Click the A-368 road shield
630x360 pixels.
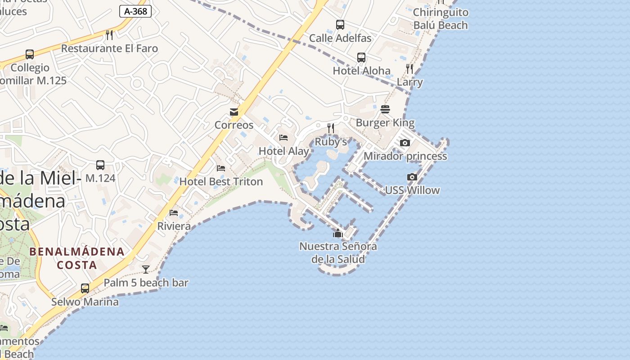135,11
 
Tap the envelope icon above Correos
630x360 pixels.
234,112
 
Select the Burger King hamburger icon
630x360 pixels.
385,109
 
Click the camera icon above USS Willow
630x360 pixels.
412,177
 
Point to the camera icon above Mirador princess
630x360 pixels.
405,143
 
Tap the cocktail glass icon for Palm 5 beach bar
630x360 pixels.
146,270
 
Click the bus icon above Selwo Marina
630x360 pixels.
85,288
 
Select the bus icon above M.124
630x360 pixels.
100,165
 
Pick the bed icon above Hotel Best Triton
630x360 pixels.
220,168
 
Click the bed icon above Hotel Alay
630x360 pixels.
283,138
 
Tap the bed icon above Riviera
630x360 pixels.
174,213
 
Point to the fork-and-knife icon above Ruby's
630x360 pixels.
331,128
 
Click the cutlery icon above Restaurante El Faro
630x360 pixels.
109,35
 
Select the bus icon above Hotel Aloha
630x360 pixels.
361,58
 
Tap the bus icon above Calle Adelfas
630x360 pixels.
340,25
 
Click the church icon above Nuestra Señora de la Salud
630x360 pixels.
337,233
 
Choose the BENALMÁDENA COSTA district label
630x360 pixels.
77,258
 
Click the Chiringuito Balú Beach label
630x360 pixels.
441,18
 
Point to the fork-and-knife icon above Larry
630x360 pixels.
409,69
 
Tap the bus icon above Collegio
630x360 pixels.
30,54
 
